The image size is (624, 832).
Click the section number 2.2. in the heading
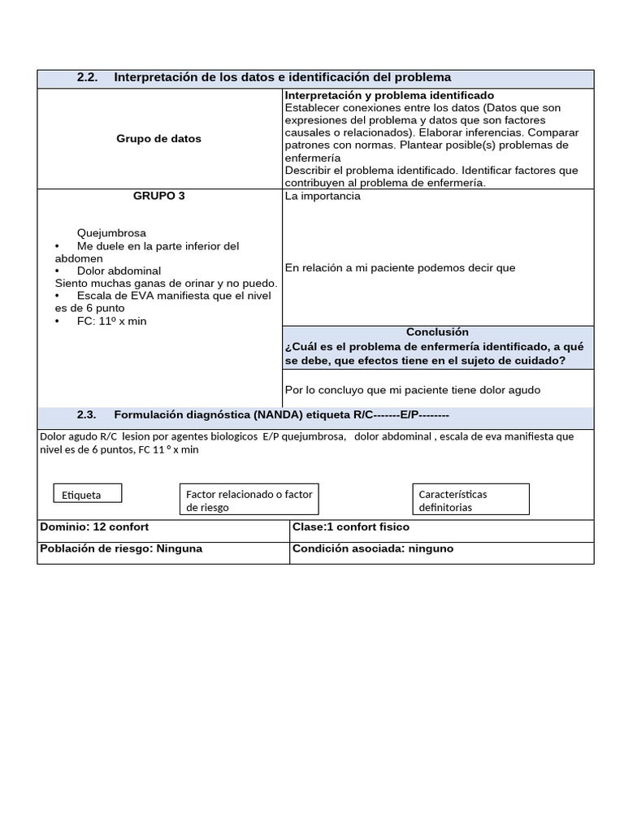pos(87,77)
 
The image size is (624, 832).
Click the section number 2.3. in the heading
pos(87,414)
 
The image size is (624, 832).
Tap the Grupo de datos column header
pos(158,139)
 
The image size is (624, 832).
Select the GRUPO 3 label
pos(158,196)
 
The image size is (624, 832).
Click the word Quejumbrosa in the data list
pos(111,233)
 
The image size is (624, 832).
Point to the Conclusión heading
pos(437,331)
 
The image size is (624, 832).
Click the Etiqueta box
pos(88,493)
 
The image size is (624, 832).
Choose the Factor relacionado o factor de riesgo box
pos(249,500)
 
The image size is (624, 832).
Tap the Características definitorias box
pos(471,500)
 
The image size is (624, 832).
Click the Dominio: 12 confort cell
pos(94,526)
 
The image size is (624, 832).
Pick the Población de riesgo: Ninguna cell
pos(121,548)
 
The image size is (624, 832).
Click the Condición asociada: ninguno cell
pos(372,548)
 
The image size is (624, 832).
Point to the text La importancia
pos(323,196)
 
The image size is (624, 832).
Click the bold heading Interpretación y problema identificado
pos(389,96)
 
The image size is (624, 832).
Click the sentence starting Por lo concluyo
pos(412,390)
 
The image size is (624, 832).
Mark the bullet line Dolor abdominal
pos(119,271)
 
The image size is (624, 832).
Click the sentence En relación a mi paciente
pos(400,268)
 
